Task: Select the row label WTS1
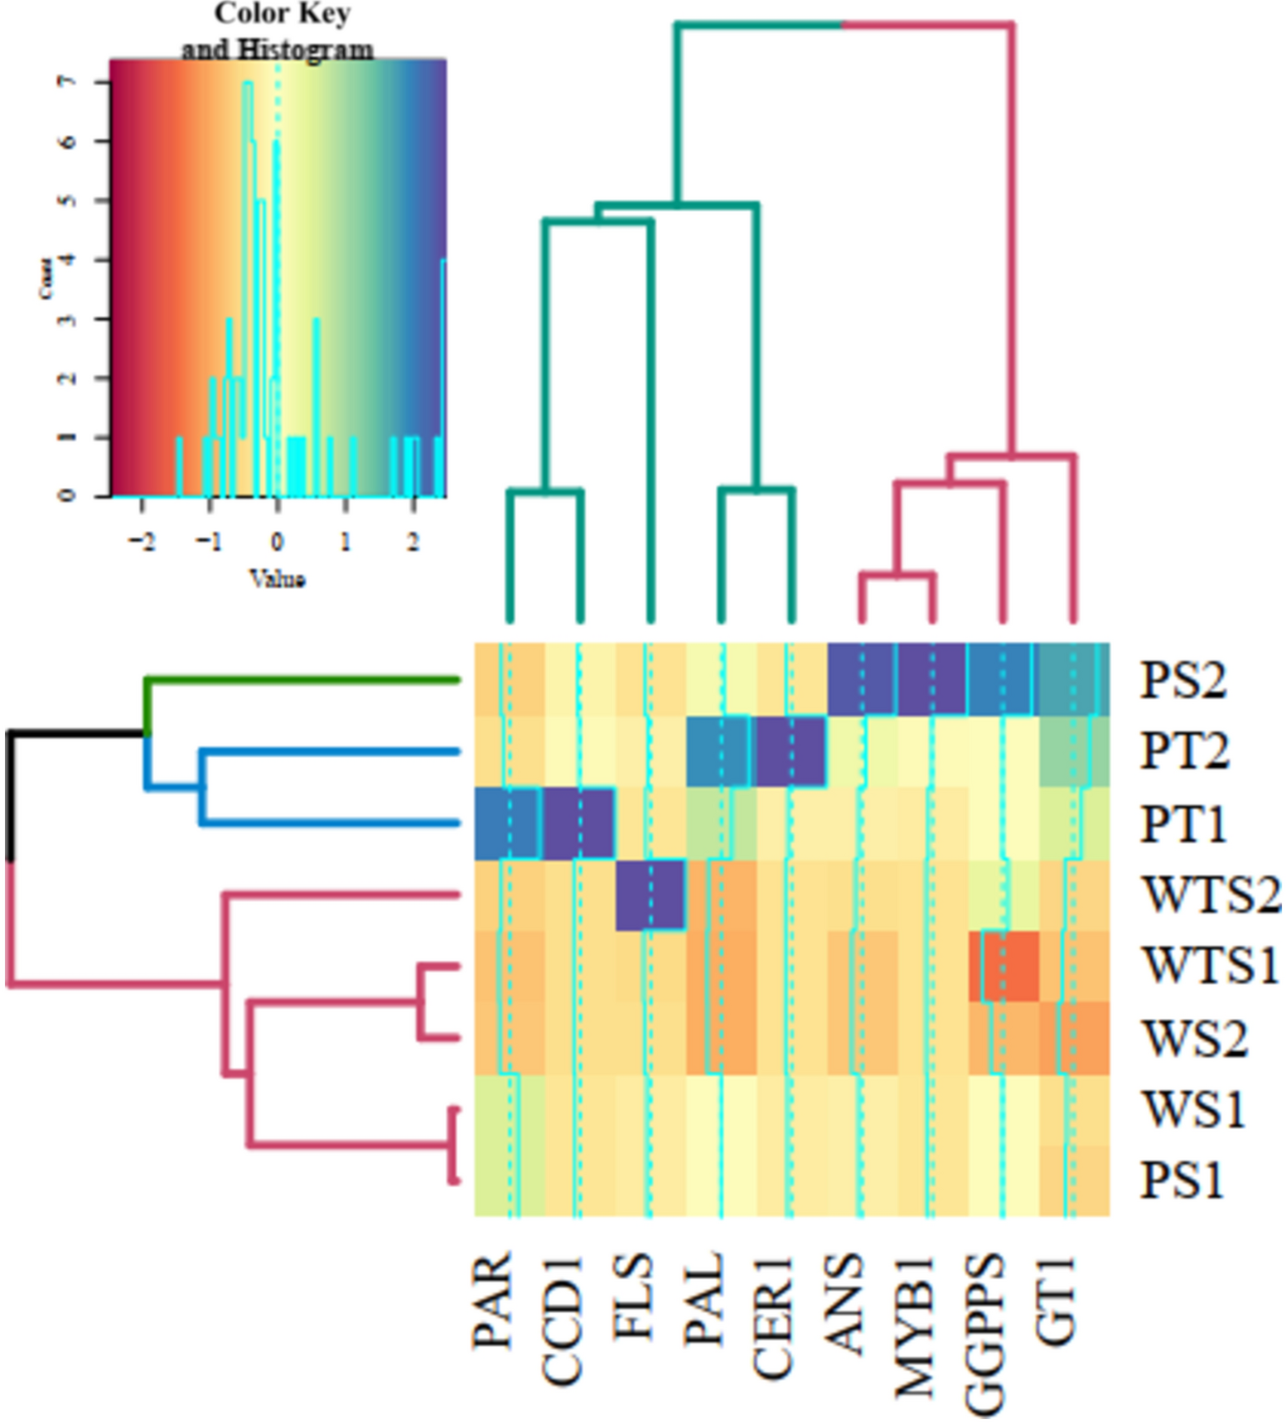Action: coord(1210,966)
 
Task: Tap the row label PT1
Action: coord(1182,824)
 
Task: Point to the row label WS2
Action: coord(1194,1038)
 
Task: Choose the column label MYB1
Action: coord(915,1325)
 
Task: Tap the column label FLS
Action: coord(633,1297)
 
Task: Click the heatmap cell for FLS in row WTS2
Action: coord(650,895)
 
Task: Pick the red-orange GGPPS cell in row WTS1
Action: coord(1003,966)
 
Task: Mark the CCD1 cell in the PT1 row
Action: coord(579,823)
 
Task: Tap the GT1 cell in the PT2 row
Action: coord(1074,751)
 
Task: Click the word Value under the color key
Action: coord(278,579)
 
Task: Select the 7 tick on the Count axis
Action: coord(70,82)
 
